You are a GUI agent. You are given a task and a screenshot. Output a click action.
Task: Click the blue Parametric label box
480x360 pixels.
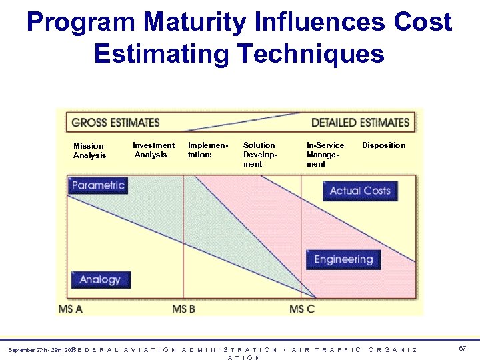point(98,185)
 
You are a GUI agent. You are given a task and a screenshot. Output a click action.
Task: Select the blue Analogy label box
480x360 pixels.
point(100,279)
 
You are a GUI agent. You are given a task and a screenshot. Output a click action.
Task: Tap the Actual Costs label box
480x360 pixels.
point(360,191)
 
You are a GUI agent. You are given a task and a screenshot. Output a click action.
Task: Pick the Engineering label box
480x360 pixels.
point(343,259)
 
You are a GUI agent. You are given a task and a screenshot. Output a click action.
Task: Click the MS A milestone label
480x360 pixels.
point(71,309)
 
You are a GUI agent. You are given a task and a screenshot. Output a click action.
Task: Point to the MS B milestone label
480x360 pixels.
point(183,309)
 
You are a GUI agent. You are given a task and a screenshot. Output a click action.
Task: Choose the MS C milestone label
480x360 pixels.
point(302,309)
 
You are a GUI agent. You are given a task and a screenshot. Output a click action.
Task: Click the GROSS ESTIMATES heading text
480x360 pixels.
point(115,123)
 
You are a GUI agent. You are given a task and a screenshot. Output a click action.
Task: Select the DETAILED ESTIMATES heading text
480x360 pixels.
point(360,123)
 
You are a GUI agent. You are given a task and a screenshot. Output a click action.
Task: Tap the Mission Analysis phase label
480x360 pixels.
point(89,151)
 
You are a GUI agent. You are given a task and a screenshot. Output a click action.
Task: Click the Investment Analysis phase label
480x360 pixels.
point(153,150)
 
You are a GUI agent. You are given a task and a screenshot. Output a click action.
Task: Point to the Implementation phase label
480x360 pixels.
point(208,150)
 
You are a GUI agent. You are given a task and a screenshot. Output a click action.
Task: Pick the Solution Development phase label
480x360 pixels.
point(259,155)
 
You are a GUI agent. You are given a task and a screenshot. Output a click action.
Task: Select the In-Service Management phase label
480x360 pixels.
point(325,155)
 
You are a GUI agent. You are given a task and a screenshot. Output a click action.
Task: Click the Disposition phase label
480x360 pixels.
point(383,145)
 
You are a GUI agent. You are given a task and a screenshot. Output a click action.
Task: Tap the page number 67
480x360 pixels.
point(463,349)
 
